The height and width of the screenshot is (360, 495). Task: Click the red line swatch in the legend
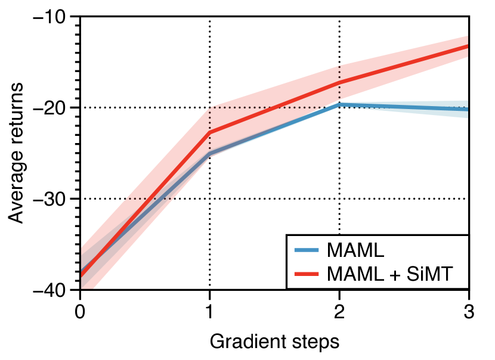(x=308, y=274)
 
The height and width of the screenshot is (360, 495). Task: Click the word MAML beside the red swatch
(x=355, y=274)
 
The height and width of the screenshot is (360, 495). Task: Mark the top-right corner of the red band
(x=467, y=37)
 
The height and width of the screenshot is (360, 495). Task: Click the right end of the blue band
(x=466, y=110)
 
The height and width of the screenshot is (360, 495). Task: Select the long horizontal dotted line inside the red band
(x=268, y=108)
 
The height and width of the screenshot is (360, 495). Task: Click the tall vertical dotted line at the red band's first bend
(x=210, y=128)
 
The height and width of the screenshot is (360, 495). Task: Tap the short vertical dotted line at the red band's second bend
(x=340, y=82)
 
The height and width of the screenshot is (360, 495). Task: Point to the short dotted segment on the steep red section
(x=149, y=198)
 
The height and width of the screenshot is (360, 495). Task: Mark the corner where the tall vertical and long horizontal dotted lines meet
(x=210, y=108)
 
